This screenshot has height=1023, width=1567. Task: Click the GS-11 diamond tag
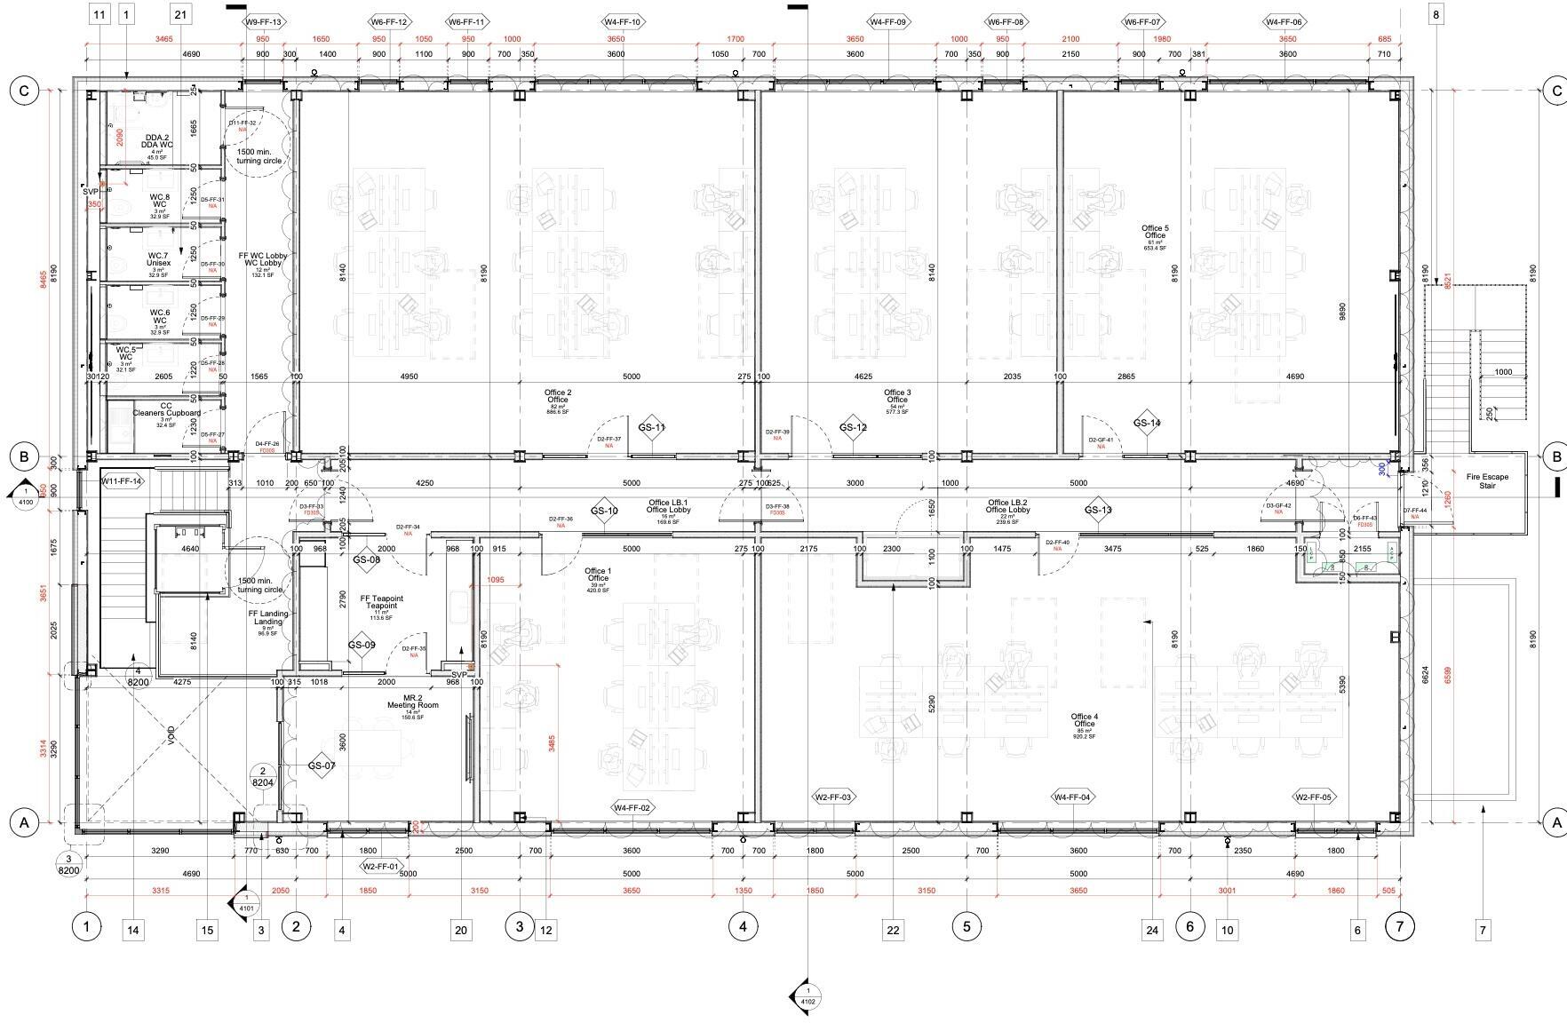[x=651, y=427]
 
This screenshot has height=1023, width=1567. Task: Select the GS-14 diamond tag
[x=1147, y=423]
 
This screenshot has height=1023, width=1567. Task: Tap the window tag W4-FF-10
[x=624, y=22]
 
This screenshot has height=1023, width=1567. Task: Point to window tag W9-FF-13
[x=263, y=22]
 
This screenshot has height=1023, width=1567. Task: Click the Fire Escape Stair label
[x=1487, y=480]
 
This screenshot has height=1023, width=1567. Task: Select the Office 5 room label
[x=1155, y=232]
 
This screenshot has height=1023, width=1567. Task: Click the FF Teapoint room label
[x=381, y=602]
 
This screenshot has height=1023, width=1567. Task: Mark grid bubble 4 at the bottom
[x=743, y=927]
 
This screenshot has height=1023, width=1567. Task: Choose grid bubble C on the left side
[x=24, y=90]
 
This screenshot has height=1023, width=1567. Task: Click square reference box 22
[x=893, y=930]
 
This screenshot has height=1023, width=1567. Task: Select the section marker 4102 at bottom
[x=807, y=995]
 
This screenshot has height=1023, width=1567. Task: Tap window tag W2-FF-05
[x=1313, y=797]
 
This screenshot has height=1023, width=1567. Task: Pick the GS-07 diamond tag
[x=322, y=765]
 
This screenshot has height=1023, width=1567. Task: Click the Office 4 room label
[x=1084, y=720]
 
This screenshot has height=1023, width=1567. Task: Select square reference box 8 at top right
[x=1436, y=13]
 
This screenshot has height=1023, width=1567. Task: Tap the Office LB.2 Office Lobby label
[x=1007, y=506]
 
